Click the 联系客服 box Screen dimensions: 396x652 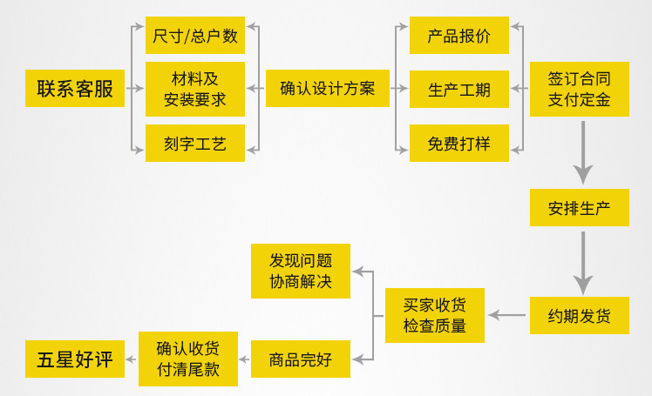tap(75, 88)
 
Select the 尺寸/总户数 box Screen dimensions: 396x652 tap(195, 36)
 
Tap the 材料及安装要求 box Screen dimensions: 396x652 tap(195, 89)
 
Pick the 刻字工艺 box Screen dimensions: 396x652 tap(195, 143)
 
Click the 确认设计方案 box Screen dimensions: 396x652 tap(327, 88)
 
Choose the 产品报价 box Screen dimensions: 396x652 tap(458, 36)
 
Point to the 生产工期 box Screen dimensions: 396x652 tap(458, 89)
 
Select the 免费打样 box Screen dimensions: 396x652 tap(458, 143)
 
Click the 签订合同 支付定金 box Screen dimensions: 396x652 tap(579, 89)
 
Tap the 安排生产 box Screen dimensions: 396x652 tap(579, 208)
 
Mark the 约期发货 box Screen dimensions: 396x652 tap(579, 315)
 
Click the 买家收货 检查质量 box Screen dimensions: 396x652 tap(434, 315)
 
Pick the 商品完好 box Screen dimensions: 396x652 tap(301, 359)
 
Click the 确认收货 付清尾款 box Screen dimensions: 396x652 tap(187, 359)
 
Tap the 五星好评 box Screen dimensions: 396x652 tap(75, 359)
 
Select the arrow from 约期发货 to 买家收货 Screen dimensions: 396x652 tap(506, 315)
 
